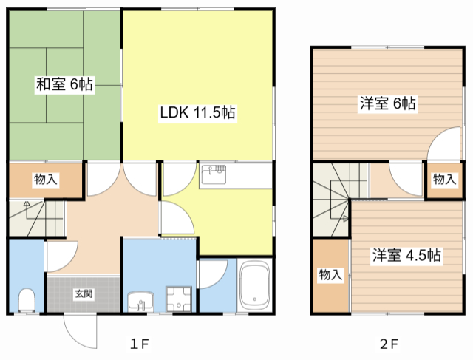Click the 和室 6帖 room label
64,84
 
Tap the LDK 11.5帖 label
197,112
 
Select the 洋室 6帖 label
387,103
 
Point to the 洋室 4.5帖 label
406,255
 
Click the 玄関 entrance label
84,293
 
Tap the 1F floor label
140,344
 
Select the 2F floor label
389,344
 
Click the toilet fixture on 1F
27,300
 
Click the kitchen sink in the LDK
214,174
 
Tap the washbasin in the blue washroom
140,302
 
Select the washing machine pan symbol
179,299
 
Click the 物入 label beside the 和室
46,179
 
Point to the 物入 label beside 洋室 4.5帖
330,274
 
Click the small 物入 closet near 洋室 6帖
444,179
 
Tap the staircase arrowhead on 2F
346,218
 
